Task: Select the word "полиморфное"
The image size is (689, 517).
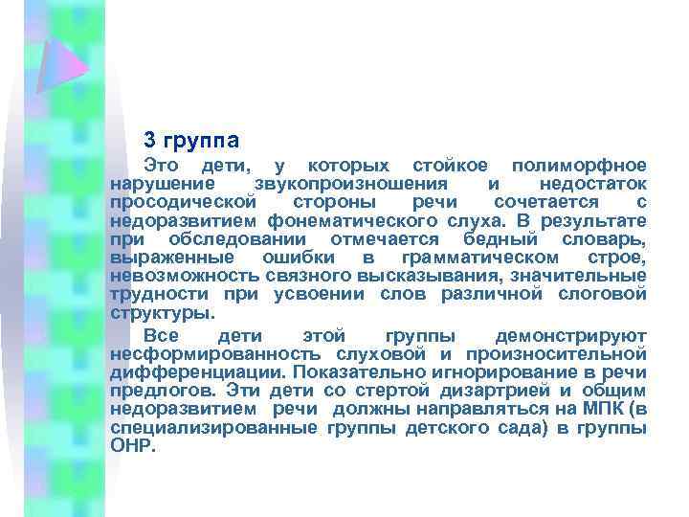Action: (579, 166)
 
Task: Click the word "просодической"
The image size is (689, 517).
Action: (183, 203)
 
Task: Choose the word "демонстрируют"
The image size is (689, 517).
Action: (572, 336)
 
